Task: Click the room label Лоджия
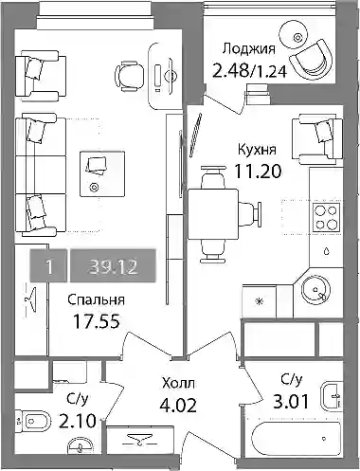tap(249, 50)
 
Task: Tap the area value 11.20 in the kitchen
tap(258, 172)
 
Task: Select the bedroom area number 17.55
tap(97, 321)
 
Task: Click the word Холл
tap(178, 384)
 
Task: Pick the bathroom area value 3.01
tap(291, 402)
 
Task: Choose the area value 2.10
tap(78, 421)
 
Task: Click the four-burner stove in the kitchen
tap(327, 217)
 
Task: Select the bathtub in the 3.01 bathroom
tap(297, 440)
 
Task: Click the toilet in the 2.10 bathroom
tap(33, 421)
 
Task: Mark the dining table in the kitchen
tap(213, 214)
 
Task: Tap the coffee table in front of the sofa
tap(102, 173)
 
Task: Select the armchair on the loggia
tap(312, 61)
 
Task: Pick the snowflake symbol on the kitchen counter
tap(260, 301)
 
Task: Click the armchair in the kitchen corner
tap(317, 139)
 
